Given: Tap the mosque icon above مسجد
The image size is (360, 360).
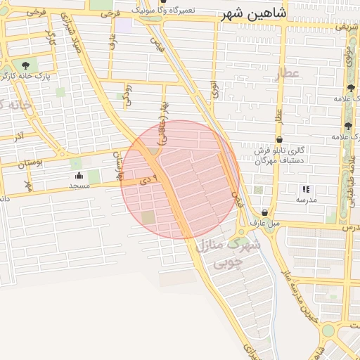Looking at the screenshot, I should point(79,176).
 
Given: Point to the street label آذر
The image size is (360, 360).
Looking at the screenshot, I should point(19,134).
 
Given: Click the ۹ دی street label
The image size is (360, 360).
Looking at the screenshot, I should point(146,181).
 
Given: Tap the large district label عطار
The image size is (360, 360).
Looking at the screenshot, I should point(287,72).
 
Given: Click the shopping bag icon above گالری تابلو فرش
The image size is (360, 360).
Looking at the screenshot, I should point(280,140).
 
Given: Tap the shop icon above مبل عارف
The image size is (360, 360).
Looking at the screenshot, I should point(264,212).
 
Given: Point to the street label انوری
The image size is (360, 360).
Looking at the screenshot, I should point(213,89).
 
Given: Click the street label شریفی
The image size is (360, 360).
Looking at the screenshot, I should point(345,27).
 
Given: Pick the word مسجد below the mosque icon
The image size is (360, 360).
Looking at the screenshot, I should point(79,186).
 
